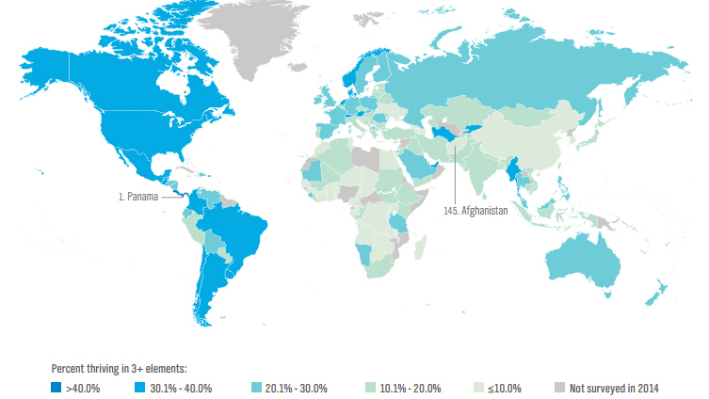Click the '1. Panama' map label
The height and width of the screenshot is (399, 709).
pyautogui.click(x=137, y=198)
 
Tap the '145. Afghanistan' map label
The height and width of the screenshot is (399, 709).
pyautogui.click(x=475, y=212)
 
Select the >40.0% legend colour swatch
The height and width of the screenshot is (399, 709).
pyautogui.click(x=56, y=388)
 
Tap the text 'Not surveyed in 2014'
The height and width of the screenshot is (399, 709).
pyautogui.click(x=613, y=388)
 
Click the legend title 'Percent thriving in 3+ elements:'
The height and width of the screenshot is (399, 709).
pyautogui.click(x=120, y=370)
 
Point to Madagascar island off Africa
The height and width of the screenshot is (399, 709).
pyautogui.click(x=420, y=248)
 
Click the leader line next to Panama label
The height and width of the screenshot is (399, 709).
pyautogui.click(x=172, y=198)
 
